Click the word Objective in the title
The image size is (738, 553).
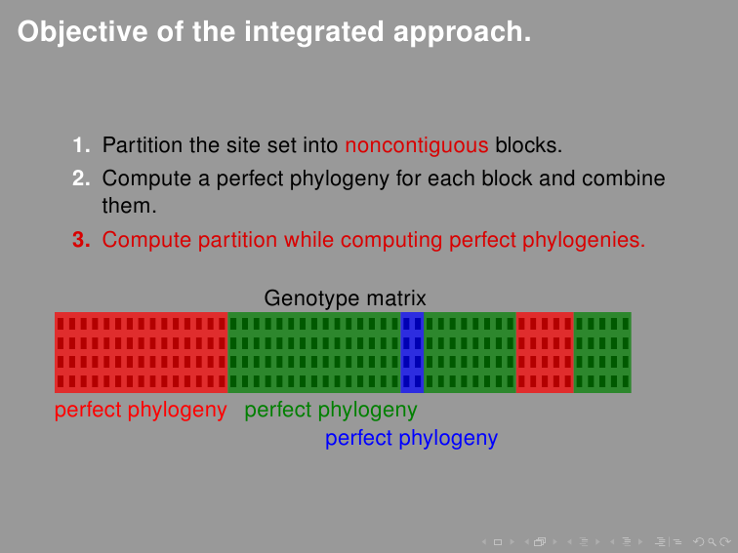[73, 32]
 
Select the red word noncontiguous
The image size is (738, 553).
[417, 146]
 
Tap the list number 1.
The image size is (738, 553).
[81, 146]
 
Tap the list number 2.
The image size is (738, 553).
[81, 179]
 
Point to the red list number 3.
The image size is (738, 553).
[81, 240]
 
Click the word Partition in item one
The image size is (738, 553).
[142, 146]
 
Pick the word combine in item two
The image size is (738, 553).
[624, 179]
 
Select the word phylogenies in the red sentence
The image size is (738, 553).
[593, 240]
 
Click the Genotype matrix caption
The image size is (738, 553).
[345, 298]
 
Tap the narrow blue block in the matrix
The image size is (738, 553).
[412, 352]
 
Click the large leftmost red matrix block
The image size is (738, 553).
[142, 352]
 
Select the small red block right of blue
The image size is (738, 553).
[545, 352]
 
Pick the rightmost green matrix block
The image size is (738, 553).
[602, 352]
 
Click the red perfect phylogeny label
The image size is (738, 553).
[141, 411]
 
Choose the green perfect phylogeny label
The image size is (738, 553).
[331, 411]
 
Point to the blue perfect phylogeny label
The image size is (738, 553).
[411, 439]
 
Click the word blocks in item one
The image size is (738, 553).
[527, 146]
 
